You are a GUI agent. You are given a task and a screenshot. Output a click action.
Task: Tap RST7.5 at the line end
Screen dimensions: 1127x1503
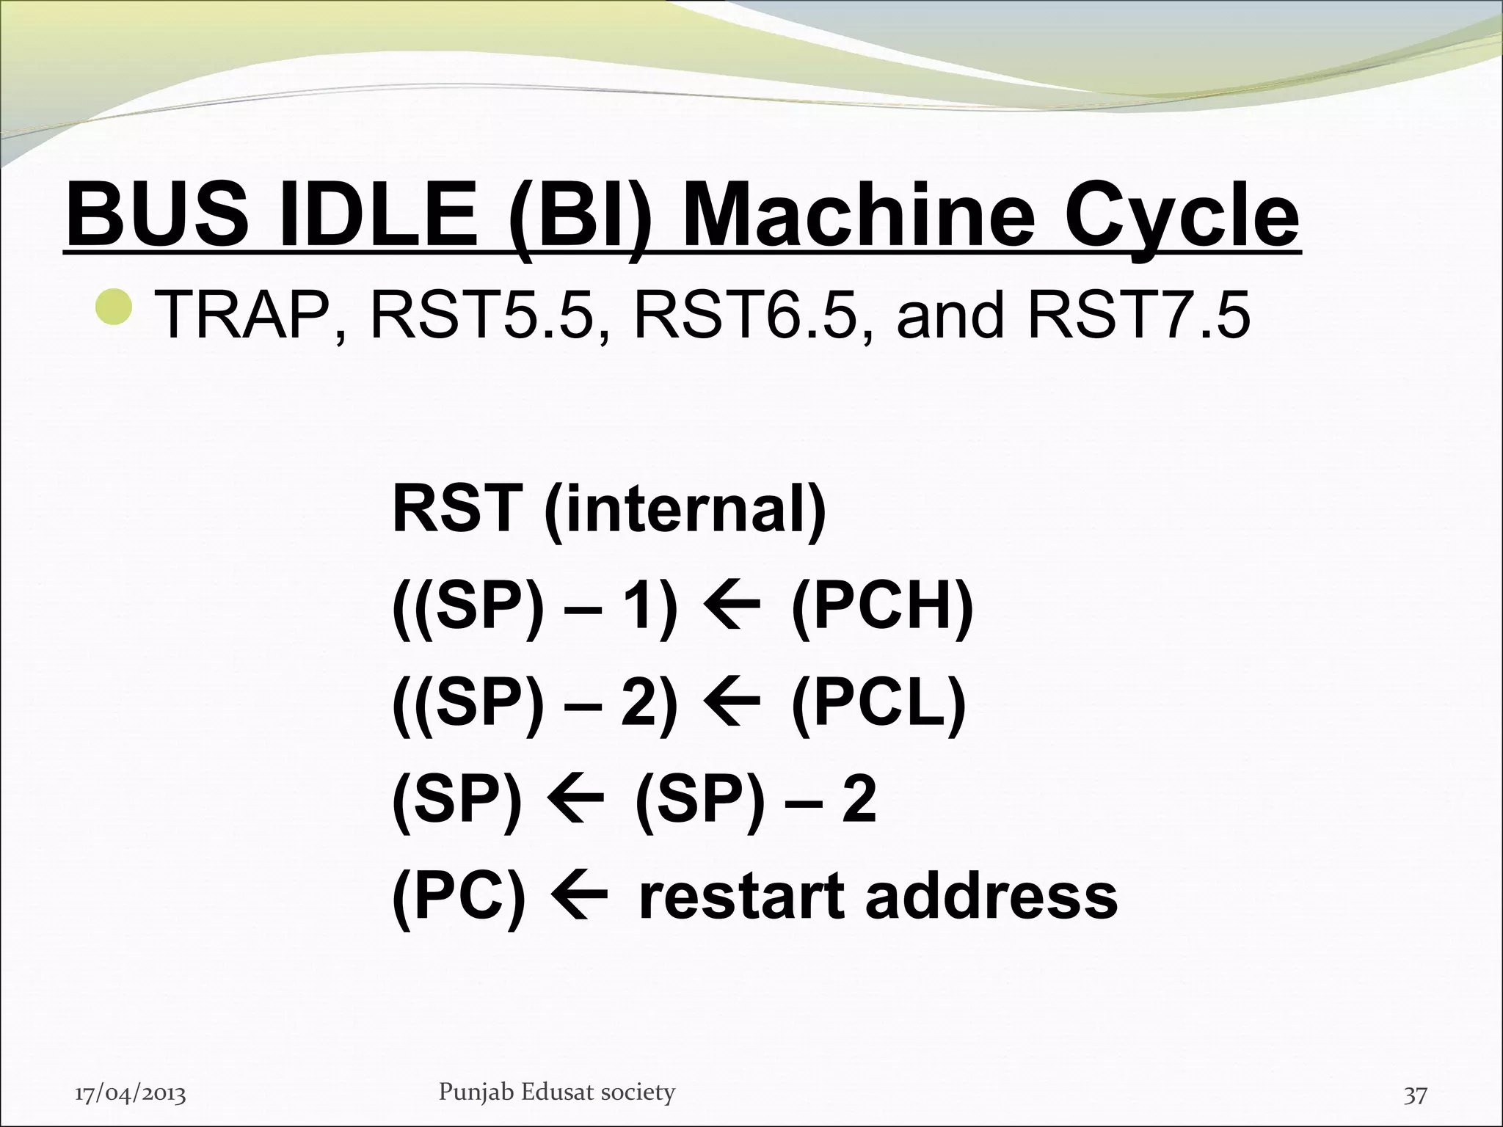(1138, 316)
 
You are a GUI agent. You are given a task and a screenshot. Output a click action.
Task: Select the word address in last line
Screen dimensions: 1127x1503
(991, 896)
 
